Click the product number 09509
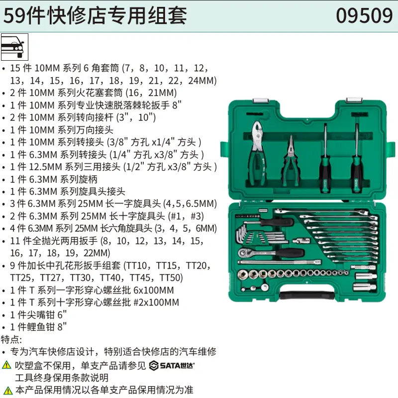coord(364,15)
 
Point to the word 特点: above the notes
coord(11,340)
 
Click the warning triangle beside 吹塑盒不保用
coord(6,365)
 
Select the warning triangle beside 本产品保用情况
coord(6,389)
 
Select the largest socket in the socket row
coord(244,273)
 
